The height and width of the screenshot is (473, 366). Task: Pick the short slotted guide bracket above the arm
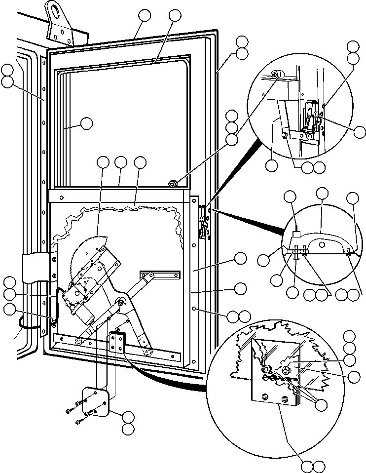(x=160, y=274)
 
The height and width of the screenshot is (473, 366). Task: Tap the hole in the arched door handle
(x=321, y=244)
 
